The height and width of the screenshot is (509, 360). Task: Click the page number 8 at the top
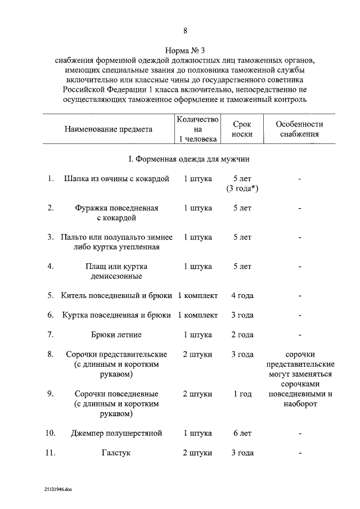tap(185, 30)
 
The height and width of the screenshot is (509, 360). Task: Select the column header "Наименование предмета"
tap(109, 129)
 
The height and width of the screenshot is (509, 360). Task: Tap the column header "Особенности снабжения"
tap(299, 129)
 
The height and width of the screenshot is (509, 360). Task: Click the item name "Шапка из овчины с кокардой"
tap(117, 179)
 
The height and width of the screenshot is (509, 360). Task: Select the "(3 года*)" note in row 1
tap(242, 188)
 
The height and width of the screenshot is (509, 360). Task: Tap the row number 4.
tap(50, 266)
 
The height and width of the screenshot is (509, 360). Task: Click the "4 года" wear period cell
tap(242, 295)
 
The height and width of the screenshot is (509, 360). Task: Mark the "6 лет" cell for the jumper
tap(242, 433)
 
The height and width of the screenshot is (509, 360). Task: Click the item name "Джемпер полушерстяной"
tap(117, 433)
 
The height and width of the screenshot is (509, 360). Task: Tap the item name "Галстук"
tap(117, 453)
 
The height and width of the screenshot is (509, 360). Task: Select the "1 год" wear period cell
tap(242, 394)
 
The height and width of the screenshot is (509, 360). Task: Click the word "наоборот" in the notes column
tap(299, 404)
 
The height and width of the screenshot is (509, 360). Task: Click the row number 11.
tap(50, 453)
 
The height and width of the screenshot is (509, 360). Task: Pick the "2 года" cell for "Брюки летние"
tap(242, 335)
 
